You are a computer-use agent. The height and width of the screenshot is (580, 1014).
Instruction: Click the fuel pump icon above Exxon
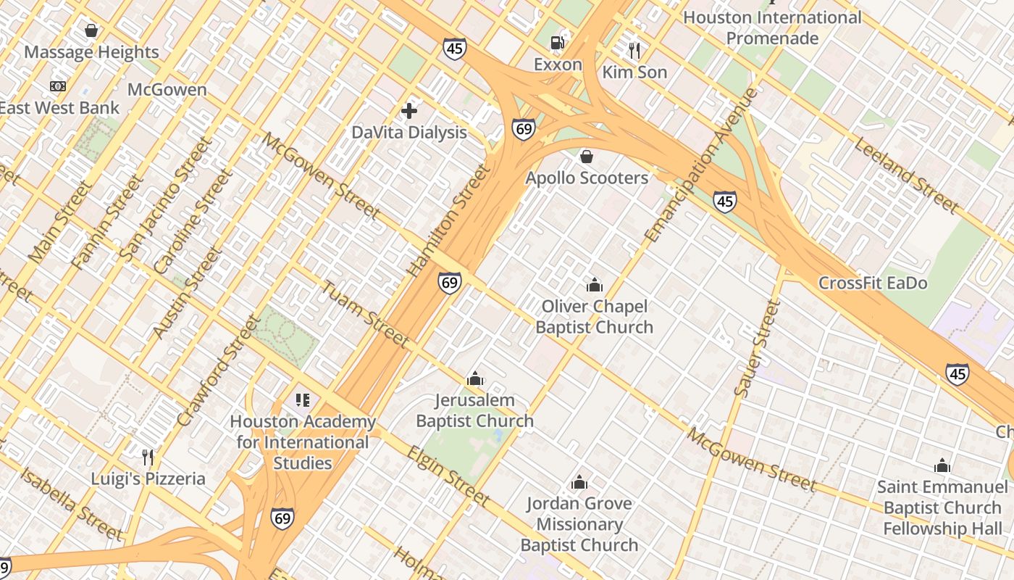(x=557, y=42)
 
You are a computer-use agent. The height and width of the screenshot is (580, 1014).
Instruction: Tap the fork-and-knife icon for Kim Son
(x=634, y=50)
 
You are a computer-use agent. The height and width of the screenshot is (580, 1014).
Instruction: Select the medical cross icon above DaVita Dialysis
(x=409, y=111)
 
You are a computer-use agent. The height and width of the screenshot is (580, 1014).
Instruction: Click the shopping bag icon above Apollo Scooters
(x=587, y=157)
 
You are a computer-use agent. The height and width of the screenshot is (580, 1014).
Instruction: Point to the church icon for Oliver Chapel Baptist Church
(x=595, y=285)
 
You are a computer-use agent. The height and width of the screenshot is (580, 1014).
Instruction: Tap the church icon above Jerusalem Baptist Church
(x=475, y=378)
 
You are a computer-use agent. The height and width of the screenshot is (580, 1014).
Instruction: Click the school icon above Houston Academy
(x=303, y=399)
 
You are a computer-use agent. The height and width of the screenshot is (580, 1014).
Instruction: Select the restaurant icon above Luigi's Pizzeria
(x=148, y=457)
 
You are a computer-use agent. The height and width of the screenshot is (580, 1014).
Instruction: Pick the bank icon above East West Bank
(x=58, y=86)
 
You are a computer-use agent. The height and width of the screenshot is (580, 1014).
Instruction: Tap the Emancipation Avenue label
(x=701, y=165)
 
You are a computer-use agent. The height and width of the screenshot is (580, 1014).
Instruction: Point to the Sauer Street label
(x=757, y=349)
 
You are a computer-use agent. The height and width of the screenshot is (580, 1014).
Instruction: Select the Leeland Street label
(x=906, y=175)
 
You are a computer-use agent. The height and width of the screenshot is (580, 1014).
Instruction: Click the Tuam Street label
(x=364, y=313)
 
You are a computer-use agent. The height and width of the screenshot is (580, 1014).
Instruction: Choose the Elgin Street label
(x=447, y=476)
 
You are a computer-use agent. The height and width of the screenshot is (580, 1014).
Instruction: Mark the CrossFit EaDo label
(x=872, y=283)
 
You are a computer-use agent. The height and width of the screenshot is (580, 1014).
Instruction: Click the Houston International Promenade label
(x=772, y=28)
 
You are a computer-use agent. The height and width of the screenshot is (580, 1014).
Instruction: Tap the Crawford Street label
(x=217, y=370)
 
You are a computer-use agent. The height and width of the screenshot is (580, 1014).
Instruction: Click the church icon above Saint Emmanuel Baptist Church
(x=942, y=465)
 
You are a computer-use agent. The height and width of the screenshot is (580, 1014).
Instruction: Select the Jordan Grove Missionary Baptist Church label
(x=579, y=524)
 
